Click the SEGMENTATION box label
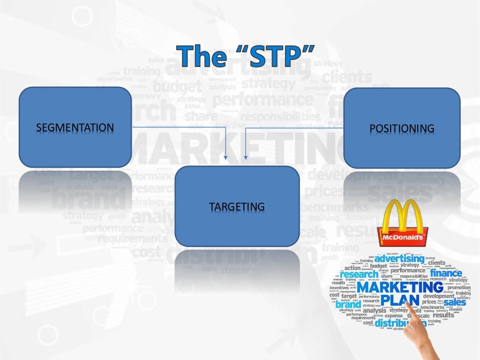click(75, 127)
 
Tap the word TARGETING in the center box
click(237, 206)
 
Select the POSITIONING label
click(402, 128)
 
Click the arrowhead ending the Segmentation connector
click(226, 157)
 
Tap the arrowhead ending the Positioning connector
click(246, 157)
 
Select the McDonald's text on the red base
click(403, 239)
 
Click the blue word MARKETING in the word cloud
click(400, 286)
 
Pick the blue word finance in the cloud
click(446, 273)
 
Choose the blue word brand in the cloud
click(348, 304)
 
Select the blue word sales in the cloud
click(454, 302)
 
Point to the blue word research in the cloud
click(360, 275)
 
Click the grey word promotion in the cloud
click(458, 287)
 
